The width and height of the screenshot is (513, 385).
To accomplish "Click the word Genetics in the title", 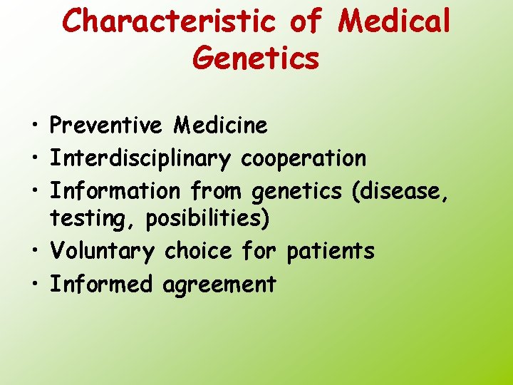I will pos(256,57).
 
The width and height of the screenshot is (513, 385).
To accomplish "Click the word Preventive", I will pos(106,126).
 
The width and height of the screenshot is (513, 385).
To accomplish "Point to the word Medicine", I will pos(220,126).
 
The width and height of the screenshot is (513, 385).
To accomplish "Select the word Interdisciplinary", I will pos(140,158).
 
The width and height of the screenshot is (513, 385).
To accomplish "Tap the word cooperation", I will pos(304,158).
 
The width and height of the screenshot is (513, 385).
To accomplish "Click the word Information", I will pos(115,191).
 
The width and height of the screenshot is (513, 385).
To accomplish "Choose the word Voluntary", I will pos(101,252).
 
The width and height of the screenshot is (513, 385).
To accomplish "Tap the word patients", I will pos(330,252).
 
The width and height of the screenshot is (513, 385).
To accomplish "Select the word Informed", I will pos(100,284).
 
